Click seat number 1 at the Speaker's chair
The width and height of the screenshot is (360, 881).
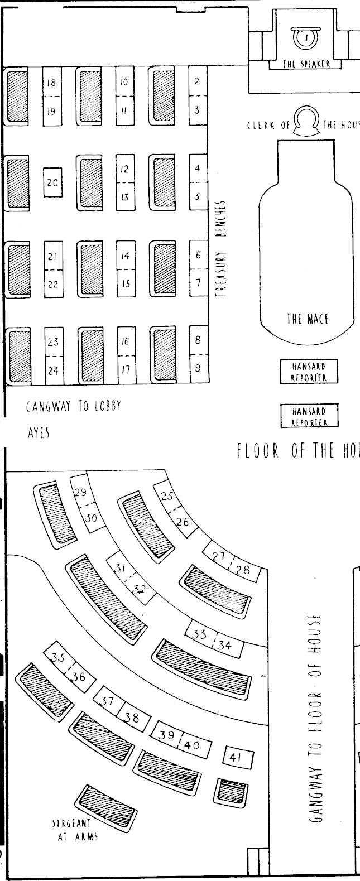[306, 37]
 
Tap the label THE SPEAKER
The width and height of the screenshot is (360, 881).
[306, 64]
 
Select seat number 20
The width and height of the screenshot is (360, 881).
[52, 182]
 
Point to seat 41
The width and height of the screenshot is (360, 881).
[238, 757]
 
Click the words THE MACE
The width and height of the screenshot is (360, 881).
[307, 319]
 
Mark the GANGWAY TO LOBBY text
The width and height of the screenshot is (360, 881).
[73, 407]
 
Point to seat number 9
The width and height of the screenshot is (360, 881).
[198, 368]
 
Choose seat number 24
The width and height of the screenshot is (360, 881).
[52, 369]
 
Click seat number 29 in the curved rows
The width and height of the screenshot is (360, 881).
[81, 492]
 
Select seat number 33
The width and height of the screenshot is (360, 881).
[199, 634]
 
